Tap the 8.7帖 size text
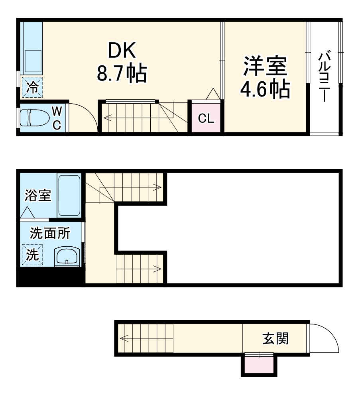(122, 73)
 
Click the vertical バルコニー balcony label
(324, 76)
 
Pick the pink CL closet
(206, 118)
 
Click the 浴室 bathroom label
(38, 195)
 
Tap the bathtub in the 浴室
(69, 195)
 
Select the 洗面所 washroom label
(50, 234)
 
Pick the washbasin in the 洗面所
(67, 255)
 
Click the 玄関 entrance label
(275, 339)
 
